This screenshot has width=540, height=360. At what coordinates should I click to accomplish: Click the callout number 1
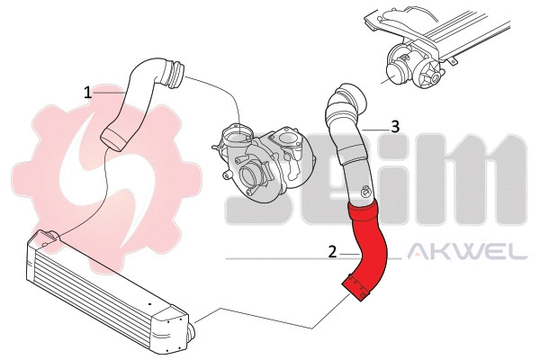click(88, 92)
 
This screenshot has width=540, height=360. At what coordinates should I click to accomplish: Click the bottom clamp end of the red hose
click(358, 290)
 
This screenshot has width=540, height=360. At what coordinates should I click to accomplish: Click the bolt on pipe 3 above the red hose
click(364, 191)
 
